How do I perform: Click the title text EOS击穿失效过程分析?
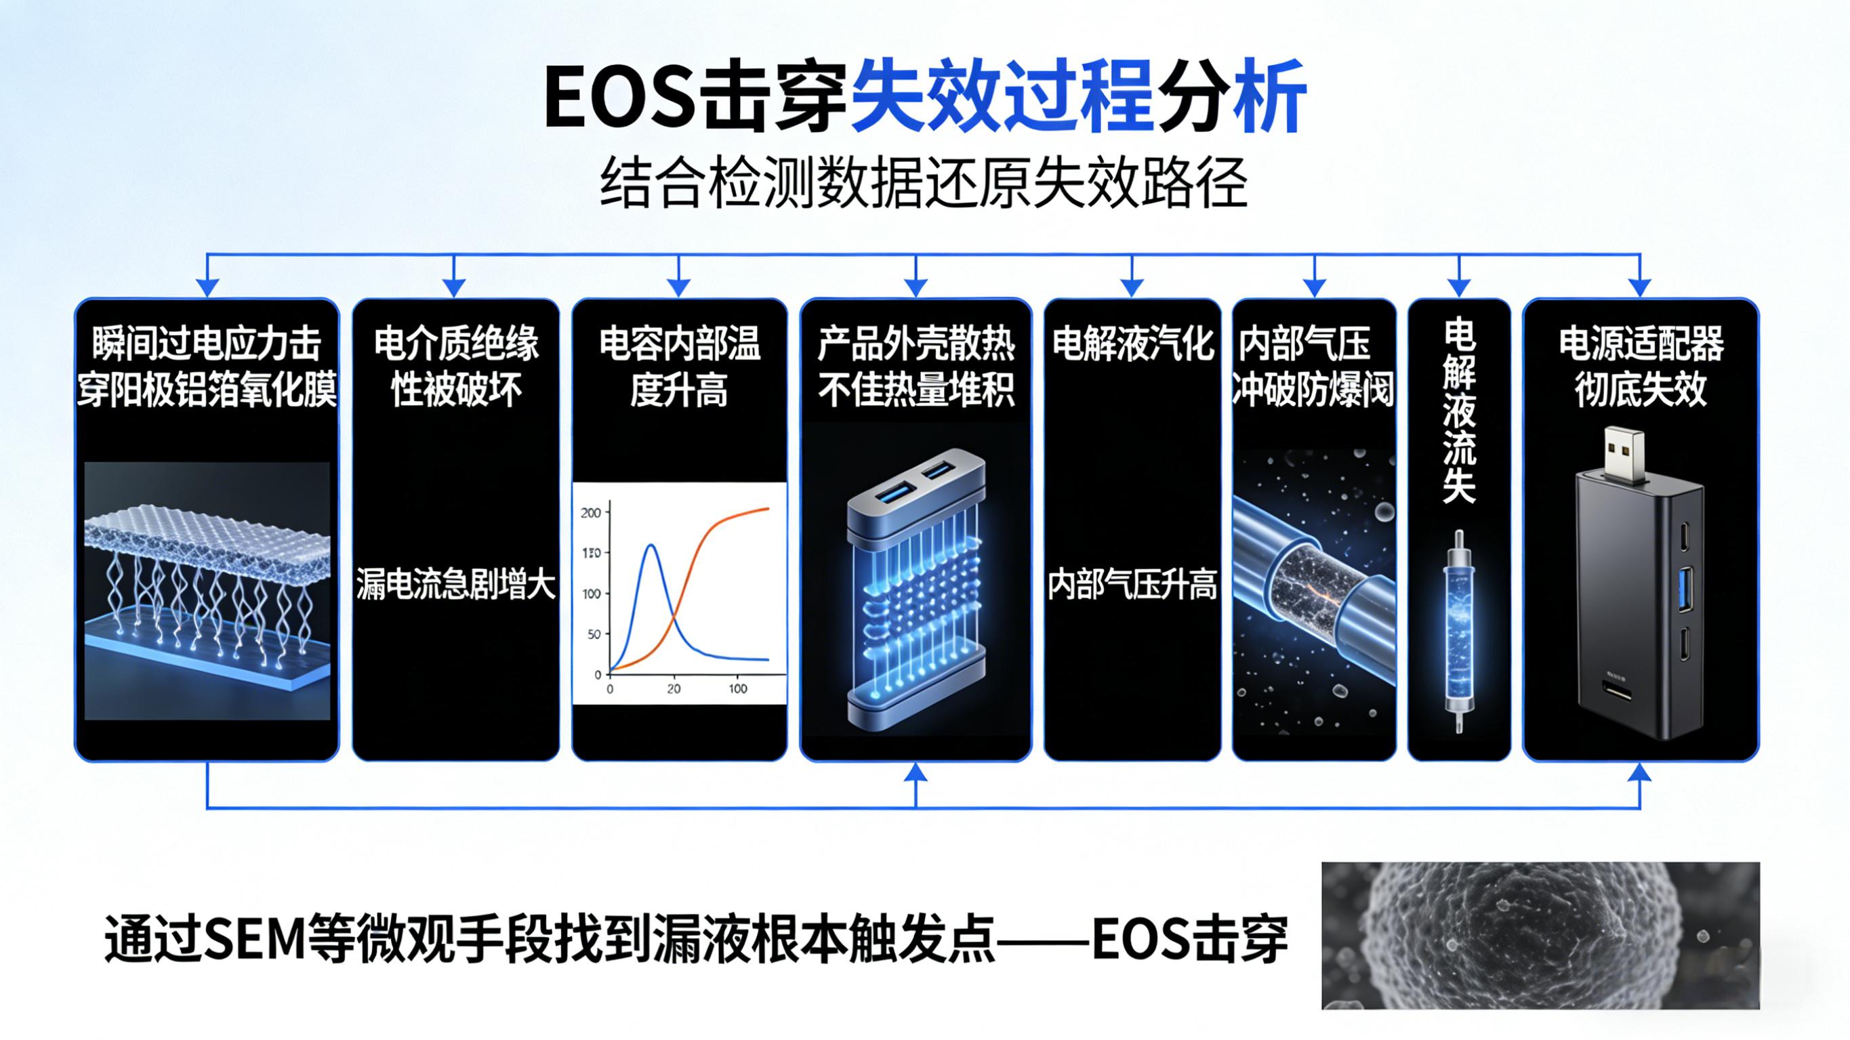click(924, 96)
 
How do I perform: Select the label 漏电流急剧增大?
click(456, 586)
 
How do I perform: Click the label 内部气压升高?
click(1132, 586)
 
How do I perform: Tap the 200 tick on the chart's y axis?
click(591, 513)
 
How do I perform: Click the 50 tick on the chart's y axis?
click(593, 635)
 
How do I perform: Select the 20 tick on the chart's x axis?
click(674, 689)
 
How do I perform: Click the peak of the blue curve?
click(651, 546)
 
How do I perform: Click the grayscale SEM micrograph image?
click(1540, 935)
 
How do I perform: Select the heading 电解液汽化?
click(1132, 344)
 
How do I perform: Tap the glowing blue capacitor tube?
click(1458, 632)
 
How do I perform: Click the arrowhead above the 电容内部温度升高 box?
click(678, 287)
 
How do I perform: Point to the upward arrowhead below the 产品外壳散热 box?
click(916, 773)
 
